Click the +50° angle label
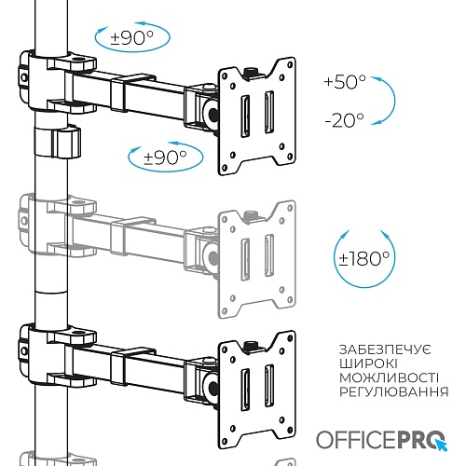point(345,82)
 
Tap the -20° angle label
point(344,120)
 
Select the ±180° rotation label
point(364,258)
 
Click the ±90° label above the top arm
point(132,38)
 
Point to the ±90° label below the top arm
point(165,158)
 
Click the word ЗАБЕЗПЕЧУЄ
point(385,349)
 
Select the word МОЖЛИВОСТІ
point(389,377)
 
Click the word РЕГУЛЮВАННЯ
point(394,391)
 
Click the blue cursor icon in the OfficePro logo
point(442,445)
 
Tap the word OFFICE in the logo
point(356,440)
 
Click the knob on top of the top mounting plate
point(251,73)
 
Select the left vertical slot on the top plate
point(245,116)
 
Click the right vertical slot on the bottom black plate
point(269,386)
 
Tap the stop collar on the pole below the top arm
point(58,142)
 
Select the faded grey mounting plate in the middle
point(256,259)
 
